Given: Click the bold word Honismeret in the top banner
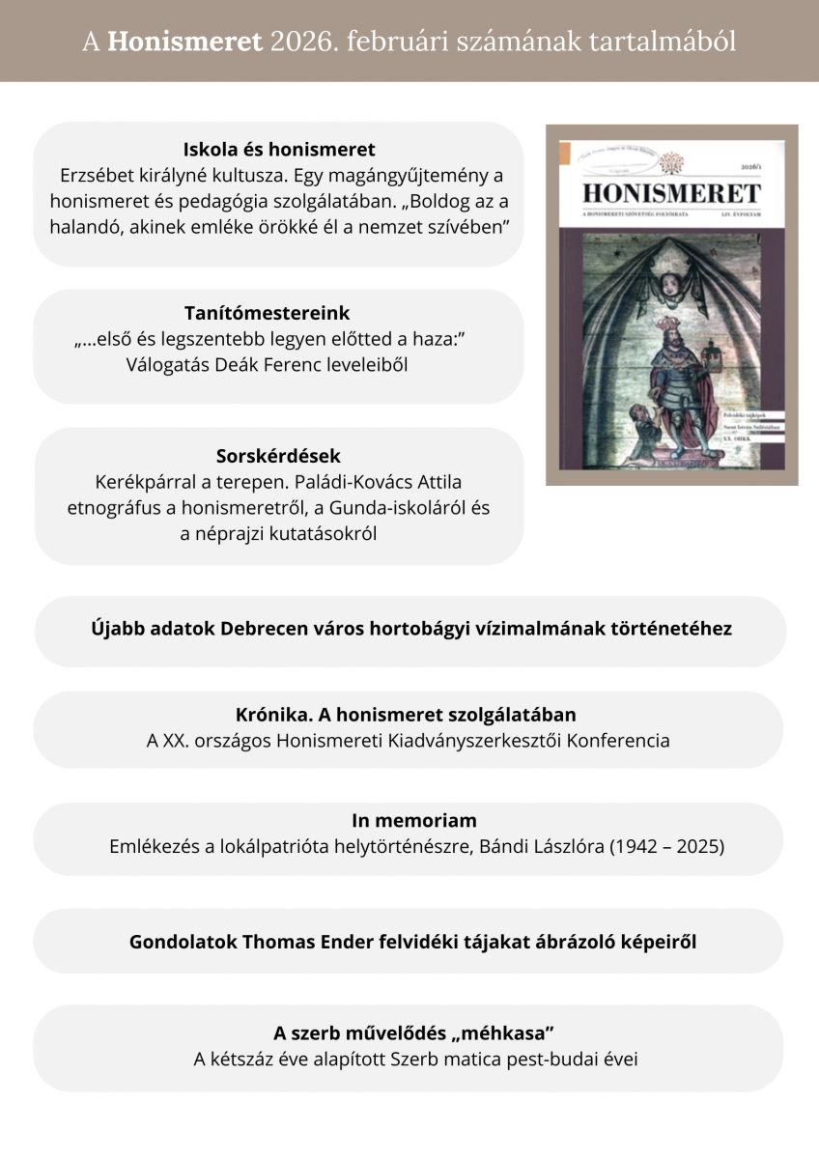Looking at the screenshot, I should point(184,42).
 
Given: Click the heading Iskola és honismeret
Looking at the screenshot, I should point(279,150).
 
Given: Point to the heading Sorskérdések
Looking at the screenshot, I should point(278,456).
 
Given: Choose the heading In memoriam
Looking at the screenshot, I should point(413,821).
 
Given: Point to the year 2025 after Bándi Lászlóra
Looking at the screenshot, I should point(697,847).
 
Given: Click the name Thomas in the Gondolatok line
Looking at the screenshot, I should point(311,941).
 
